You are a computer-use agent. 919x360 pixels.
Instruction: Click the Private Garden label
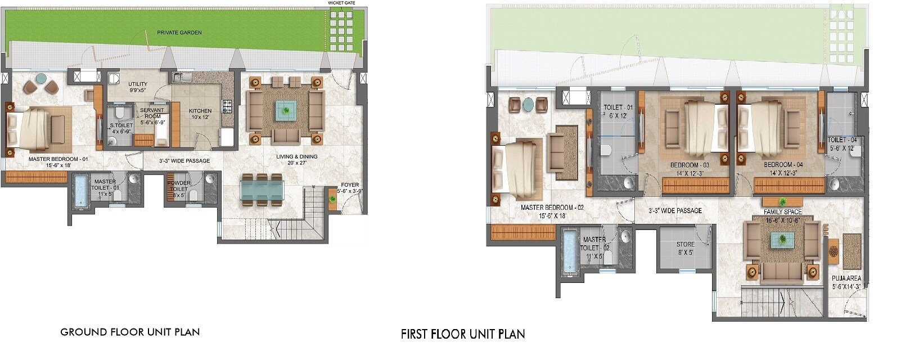[x=179, y=33]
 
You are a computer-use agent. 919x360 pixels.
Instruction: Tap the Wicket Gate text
[x=342, y=3]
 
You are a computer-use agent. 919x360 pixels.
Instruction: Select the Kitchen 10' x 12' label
[x=200, y=114]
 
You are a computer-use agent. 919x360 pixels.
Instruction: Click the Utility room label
[x=138, y=87]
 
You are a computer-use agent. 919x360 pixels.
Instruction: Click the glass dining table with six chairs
[x=262, y=188]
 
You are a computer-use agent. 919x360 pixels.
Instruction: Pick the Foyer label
[x=350, y=188]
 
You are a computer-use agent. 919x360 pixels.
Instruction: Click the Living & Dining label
[x=297, y=160]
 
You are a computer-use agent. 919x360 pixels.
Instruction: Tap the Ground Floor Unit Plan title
[x=130, y=332]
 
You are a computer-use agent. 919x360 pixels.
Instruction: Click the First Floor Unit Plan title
[x=463, y=334]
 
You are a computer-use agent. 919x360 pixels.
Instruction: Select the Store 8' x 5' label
[x=685, y=249]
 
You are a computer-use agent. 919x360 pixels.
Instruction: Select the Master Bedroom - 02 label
[x=552, y=211]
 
